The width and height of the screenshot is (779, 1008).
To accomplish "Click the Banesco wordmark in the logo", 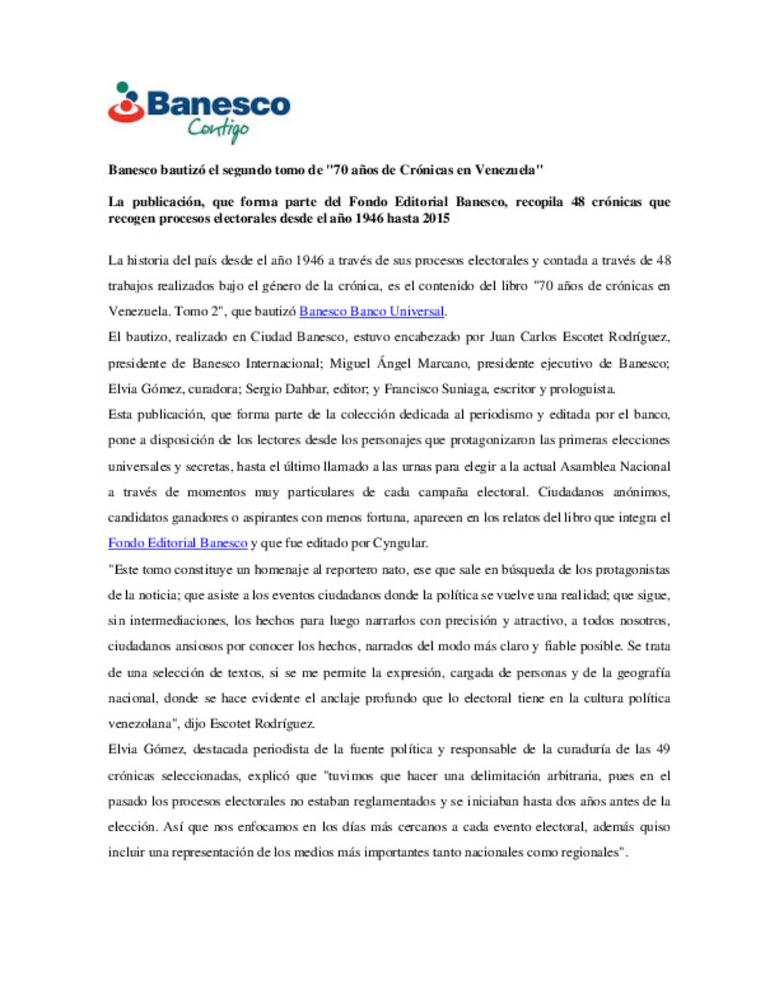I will [x=218, y=104].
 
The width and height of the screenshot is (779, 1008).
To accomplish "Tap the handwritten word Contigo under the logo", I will [x=218, y=130].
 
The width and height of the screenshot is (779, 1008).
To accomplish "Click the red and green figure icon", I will [x=126, y=102].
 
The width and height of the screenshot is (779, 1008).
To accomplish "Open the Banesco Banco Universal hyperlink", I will [x=371, y=311].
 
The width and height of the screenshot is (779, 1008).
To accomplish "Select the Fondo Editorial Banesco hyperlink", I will [x=177, y=543].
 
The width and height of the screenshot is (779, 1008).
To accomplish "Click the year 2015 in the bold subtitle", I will [x=436, y=218].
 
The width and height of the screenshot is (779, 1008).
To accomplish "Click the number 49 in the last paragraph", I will [x=663, y=749].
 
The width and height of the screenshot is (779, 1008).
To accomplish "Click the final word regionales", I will [x=588, y=852].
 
